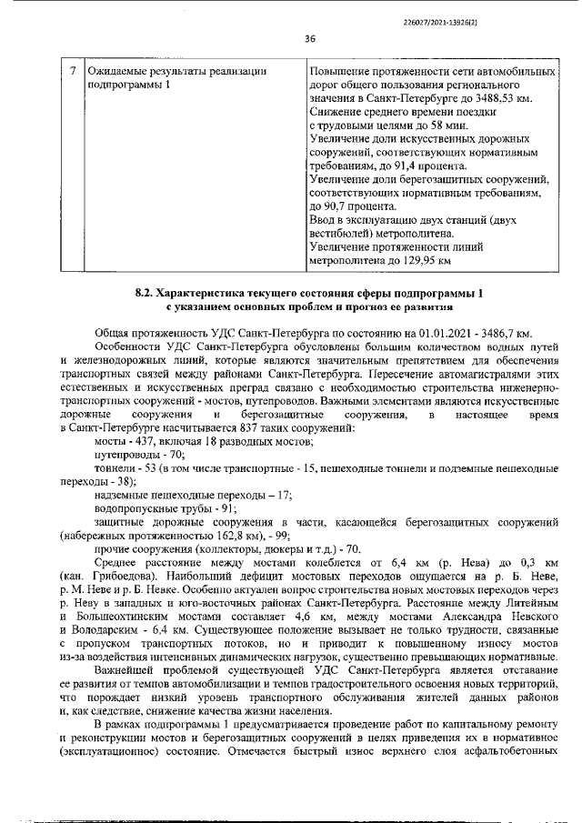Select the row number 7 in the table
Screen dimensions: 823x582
[x=74, y=71]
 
